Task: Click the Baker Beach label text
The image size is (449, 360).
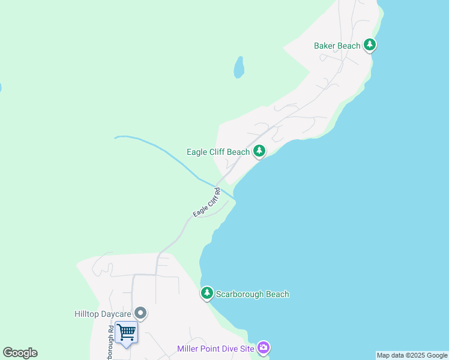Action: [337, 46]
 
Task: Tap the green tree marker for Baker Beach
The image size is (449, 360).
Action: [370, 45]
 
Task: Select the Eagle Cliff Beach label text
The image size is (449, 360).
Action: [218, 152]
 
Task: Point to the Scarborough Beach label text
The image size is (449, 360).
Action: [253, 294]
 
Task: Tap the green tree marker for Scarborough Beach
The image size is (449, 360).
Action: [207, 293]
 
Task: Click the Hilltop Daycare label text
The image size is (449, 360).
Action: [102, 313]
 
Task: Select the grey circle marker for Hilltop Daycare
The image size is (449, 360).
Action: [140, 313]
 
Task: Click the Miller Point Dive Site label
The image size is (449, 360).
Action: [215, 349]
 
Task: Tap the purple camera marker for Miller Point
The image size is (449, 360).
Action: [264, 347]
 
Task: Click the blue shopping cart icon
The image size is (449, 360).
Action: [126, 332]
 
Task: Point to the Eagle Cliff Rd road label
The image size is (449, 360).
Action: [207, 203]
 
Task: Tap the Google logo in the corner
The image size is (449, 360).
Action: [20, 353]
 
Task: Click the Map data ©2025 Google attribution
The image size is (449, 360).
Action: [412, 355]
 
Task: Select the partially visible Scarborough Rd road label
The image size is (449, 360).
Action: [111, 343]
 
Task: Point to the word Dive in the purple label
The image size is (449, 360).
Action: [227, 349]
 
